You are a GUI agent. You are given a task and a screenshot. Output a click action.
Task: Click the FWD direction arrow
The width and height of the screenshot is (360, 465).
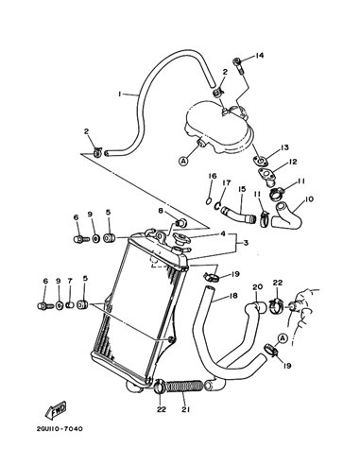[x=56, y=410]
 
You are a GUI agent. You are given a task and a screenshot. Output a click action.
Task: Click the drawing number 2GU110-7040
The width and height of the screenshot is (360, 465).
[x=60, y=429]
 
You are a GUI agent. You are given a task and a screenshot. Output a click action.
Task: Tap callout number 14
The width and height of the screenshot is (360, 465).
[x=259, y=56]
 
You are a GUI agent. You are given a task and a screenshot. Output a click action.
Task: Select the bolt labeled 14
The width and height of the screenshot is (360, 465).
[x=238, y=66]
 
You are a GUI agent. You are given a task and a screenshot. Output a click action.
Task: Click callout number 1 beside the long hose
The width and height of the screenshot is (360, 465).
[x=120, y=94]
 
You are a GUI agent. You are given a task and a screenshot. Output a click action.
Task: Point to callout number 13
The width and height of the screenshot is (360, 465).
[x=284, y=147]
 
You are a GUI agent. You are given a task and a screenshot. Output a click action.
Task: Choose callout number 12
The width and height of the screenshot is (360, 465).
[x=293, y=162]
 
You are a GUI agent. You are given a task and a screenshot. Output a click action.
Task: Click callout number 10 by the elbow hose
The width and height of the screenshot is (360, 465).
[x=309, y=199]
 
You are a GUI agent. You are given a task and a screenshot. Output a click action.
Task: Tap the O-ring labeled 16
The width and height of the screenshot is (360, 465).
[x=209, y=200]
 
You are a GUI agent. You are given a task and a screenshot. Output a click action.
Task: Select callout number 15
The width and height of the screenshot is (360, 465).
[x=242, y=189]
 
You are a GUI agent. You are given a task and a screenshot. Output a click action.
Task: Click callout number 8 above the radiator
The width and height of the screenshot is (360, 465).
[x=161, y=211]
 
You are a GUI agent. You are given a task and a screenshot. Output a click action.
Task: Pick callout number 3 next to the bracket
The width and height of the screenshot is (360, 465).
[x=246, y=243]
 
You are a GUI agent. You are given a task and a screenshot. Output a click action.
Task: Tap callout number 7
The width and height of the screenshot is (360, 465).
[x=70, y=281]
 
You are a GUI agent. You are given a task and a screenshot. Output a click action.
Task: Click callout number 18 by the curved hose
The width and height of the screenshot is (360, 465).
[x=233, y=296]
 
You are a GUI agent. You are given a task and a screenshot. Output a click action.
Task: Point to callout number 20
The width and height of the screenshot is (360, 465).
[x=257, y=286]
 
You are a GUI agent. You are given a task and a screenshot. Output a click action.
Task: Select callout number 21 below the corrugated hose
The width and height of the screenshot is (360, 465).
[x=186, y=409]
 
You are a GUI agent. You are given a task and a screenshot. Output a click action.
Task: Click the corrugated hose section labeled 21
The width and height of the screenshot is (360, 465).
[x=184, y=387]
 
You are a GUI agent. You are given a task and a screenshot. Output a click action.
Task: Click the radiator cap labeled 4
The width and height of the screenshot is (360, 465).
[x=180, y=241]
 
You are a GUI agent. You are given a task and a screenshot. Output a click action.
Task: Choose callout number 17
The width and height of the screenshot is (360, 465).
[x=227, y=182]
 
